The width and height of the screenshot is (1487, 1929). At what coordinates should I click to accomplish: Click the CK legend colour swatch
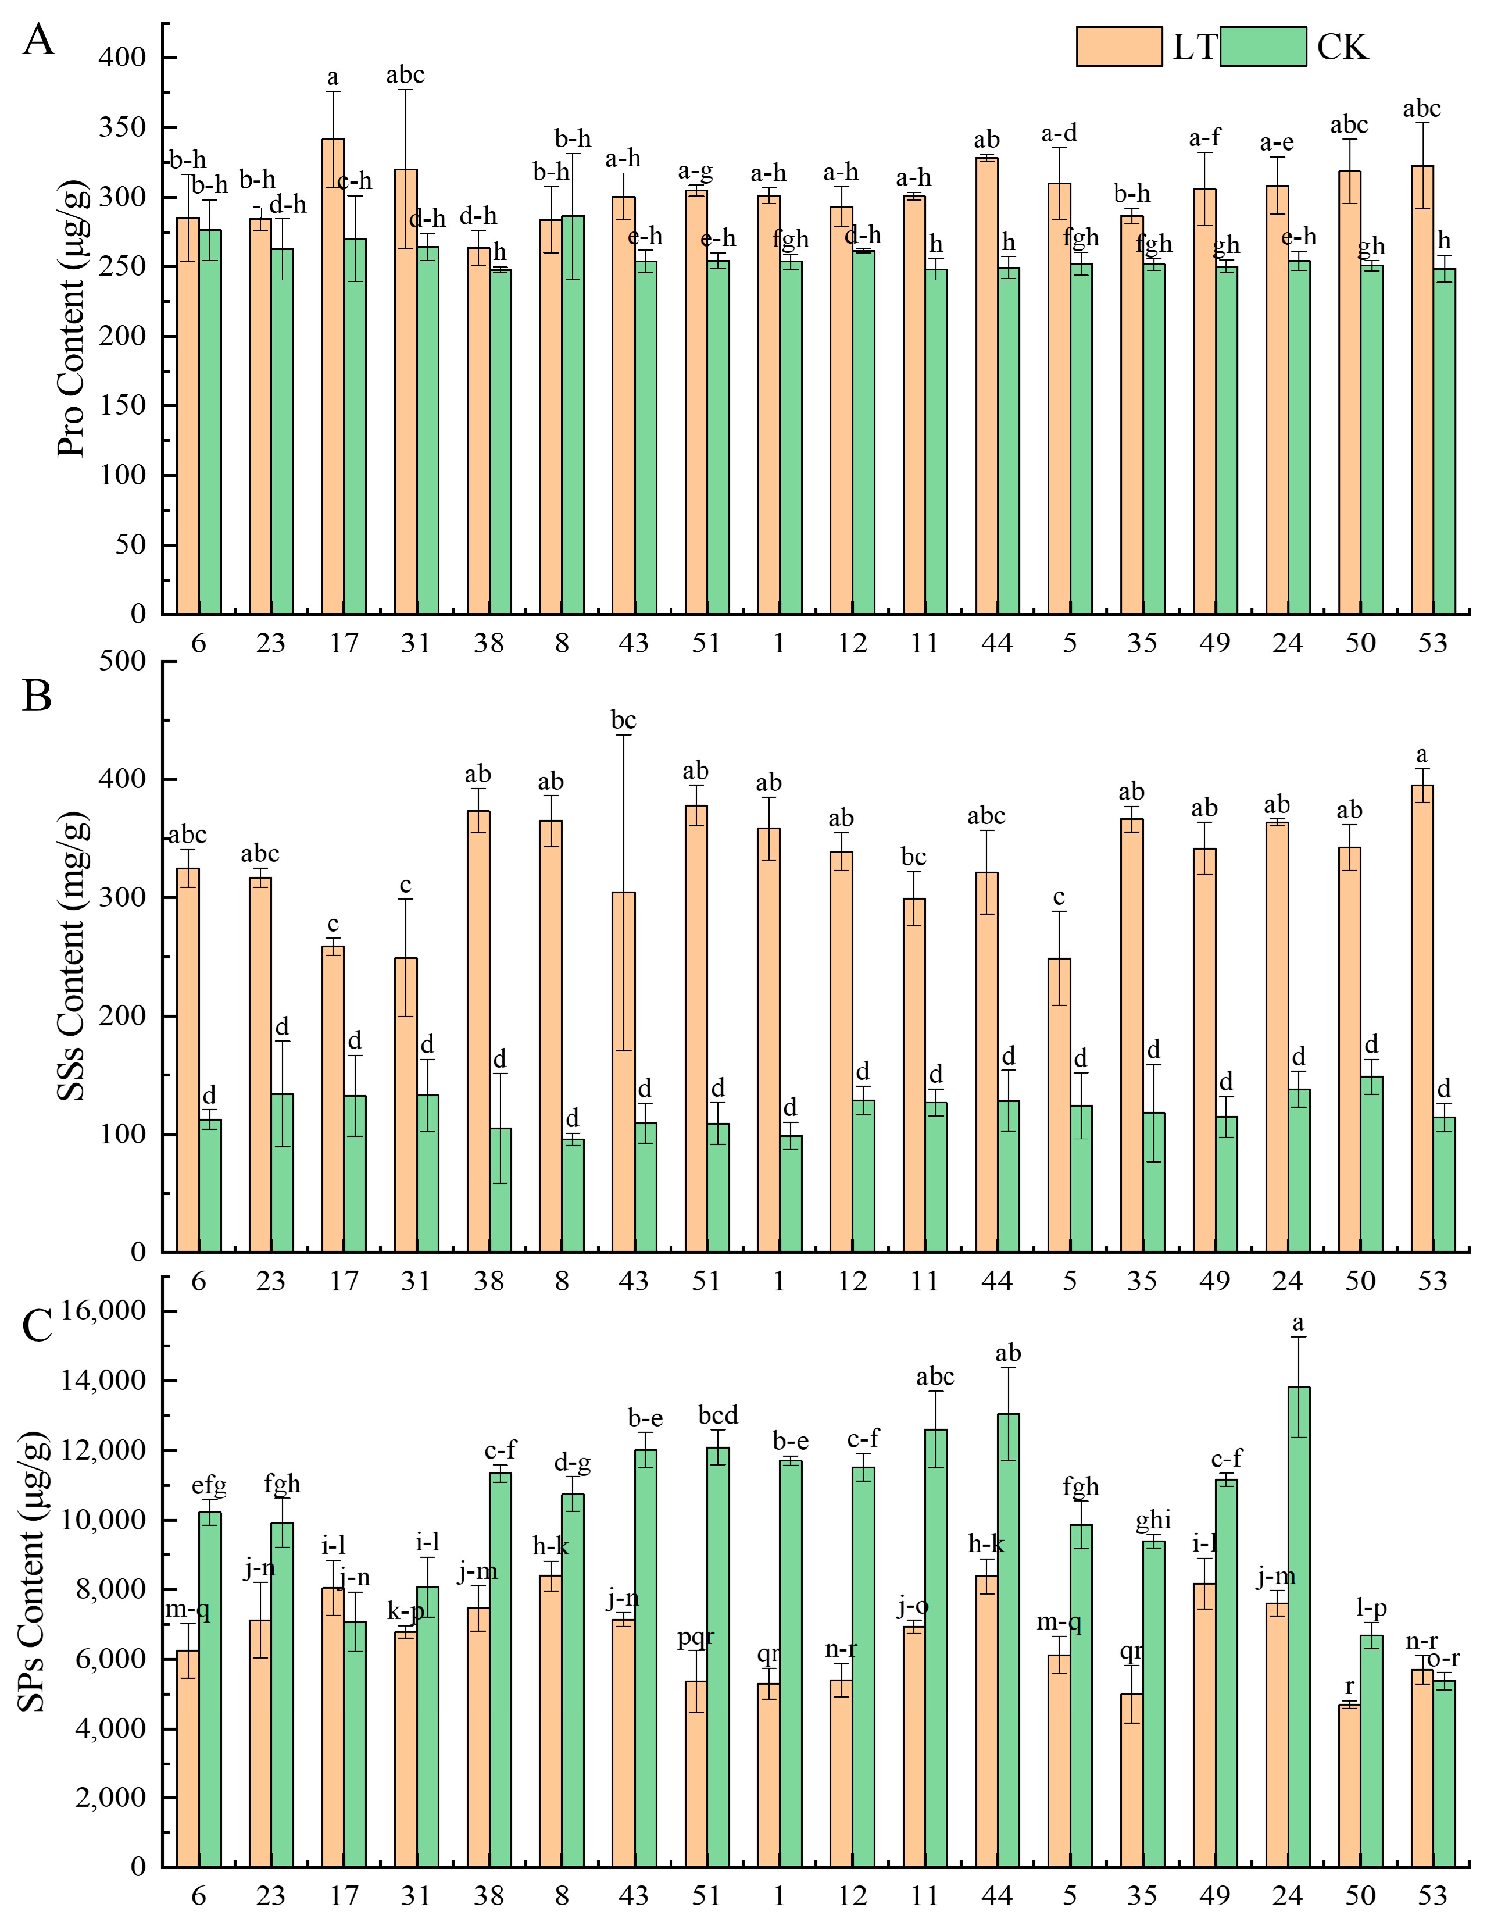(1263, 47)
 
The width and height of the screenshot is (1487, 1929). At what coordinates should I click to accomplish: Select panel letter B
(37, 696)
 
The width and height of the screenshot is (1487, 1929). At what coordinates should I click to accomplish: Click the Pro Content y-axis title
(71, 319)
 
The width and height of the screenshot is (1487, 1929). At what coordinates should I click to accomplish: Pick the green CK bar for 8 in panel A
(572, 415)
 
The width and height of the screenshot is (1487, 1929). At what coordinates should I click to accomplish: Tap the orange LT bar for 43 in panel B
(623, 1073)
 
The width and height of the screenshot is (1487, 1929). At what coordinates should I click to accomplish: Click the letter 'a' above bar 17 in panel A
(333, 78)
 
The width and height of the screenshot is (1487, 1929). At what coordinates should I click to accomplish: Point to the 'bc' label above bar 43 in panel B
(623, 721)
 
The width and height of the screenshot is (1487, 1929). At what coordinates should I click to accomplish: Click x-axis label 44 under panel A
(997, 643)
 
